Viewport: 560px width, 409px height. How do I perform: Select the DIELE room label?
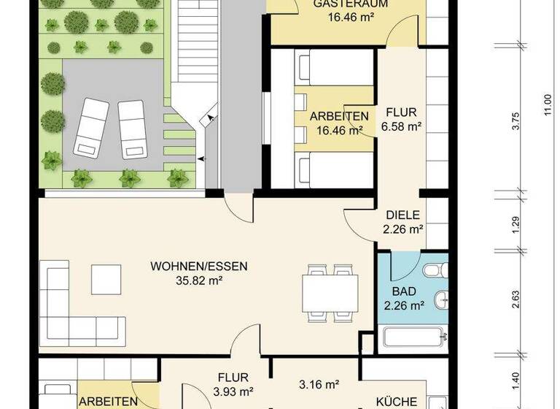402,215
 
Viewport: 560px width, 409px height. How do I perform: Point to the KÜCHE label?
397,402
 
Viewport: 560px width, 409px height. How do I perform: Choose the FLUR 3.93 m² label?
234,378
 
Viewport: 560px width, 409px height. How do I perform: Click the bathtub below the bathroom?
413,339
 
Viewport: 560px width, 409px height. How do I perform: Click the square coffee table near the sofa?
106,278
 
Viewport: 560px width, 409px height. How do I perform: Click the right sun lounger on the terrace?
132,129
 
